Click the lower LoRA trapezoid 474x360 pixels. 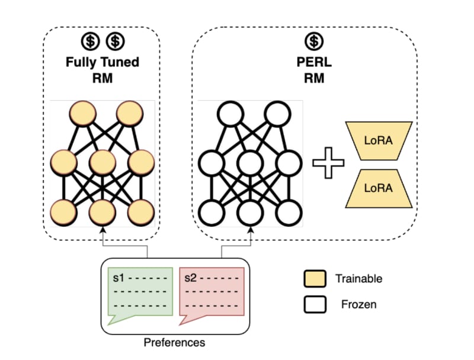point(378,188)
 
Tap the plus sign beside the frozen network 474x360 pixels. point(328,163)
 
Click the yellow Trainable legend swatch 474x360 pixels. point(314,278)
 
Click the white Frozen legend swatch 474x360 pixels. point(314,305)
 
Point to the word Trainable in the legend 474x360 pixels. point(358,278)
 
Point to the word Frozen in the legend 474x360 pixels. point(358,305)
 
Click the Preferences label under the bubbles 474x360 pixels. point(175,342)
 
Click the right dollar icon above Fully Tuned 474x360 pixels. point(115,41)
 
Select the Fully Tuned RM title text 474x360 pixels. point(102,69)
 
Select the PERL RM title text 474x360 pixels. point(315,69)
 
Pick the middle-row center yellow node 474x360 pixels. point(102,160)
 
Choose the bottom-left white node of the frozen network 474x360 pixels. point(211,211)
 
